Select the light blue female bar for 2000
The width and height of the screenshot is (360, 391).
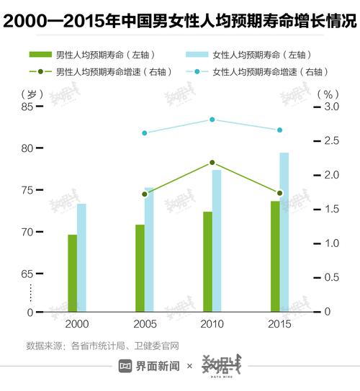[x=81, y=258]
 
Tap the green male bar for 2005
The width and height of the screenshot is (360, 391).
[x=140, y=269]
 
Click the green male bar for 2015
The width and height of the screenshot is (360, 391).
[x=275, y=256]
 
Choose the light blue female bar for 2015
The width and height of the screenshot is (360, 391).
[x=284, y=232]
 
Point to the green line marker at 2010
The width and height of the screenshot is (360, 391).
[x=212, y=163]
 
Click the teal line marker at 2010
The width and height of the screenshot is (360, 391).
[x=212, y=120]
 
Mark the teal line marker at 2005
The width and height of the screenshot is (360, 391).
[x=144, y=133]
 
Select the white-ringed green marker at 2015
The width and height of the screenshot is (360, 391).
[x=280, y=193]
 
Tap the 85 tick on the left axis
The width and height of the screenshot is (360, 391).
[x=28, y=107]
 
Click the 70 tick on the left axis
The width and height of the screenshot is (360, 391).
[x=28, y=232]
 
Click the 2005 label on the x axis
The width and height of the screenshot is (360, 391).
[x=145, y=325]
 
